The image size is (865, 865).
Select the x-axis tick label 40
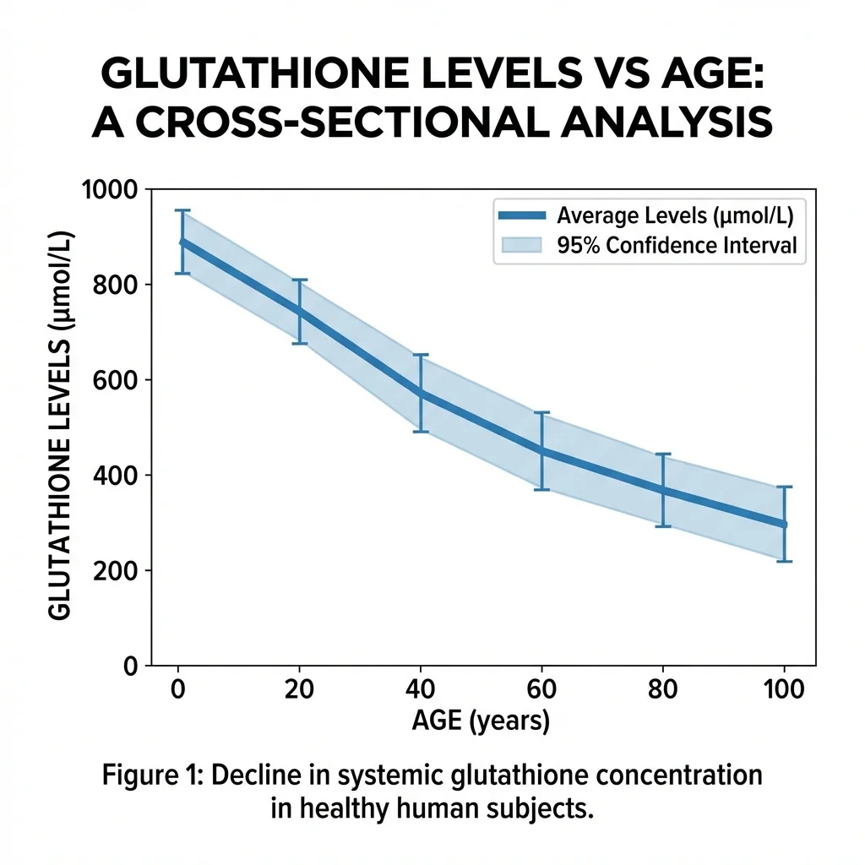coord(420,689)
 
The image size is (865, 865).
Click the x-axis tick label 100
coord(784,689)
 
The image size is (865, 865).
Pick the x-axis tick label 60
coord(541,689)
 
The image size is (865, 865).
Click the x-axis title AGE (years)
coord(481,721)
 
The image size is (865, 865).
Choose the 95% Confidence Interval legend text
coord(677,246)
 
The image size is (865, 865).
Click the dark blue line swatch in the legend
coord(523,215)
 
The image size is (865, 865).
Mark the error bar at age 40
coord(420,393)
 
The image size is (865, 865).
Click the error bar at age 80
coord(663,490)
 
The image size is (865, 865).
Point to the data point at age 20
coord(299,312)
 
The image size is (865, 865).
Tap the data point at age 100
coord(784,525)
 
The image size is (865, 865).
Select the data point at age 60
coord(541,450)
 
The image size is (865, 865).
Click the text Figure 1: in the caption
coord(155,775)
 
